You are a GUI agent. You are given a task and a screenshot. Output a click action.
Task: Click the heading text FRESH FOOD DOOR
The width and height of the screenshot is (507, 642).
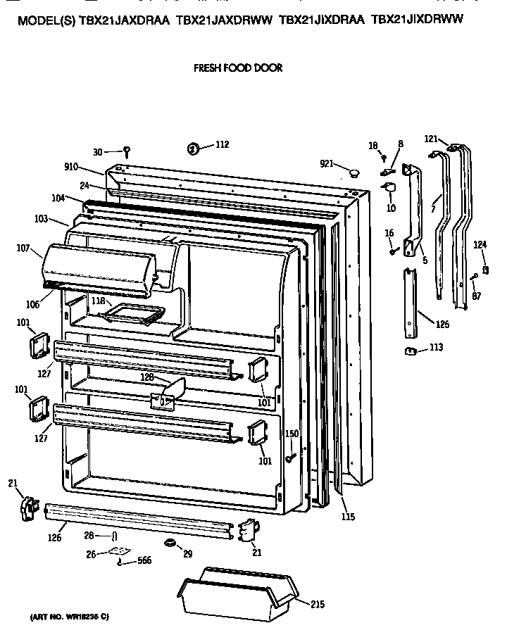pos(237,68)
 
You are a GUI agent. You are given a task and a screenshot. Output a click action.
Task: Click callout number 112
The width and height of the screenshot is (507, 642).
pos(222,146)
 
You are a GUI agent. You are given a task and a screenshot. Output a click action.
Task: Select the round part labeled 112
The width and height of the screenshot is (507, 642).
pos(193,148)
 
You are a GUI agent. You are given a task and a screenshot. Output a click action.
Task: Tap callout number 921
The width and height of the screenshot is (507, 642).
pos(326,163)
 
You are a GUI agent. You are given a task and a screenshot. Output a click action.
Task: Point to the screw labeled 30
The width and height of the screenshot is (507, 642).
pos(127,150)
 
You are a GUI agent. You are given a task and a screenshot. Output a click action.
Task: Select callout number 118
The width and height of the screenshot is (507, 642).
pos(98,301)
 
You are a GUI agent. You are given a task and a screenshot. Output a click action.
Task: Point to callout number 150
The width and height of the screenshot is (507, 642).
pos(292,434)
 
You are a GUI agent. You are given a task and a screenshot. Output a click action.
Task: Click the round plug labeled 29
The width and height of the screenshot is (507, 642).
pos(170,543)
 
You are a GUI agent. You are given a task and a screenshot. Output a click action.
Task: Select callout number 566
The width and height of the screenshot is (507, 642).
pos(144,561)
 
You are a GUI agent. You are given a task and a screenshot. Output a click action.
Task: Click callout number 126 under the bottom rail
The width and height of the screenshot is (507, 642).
pos(55,538)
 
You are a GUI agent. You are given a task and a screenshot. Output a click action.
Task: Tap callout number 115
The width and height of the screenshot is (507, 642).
pos(348,517)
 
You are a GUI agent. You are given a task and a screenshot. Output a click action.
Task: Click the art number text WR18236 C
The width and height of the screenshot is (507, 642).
pos(68,617)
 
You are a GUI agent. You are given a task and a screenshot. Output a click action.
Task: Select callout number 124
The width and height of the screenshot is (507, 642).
pos(480,244)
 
